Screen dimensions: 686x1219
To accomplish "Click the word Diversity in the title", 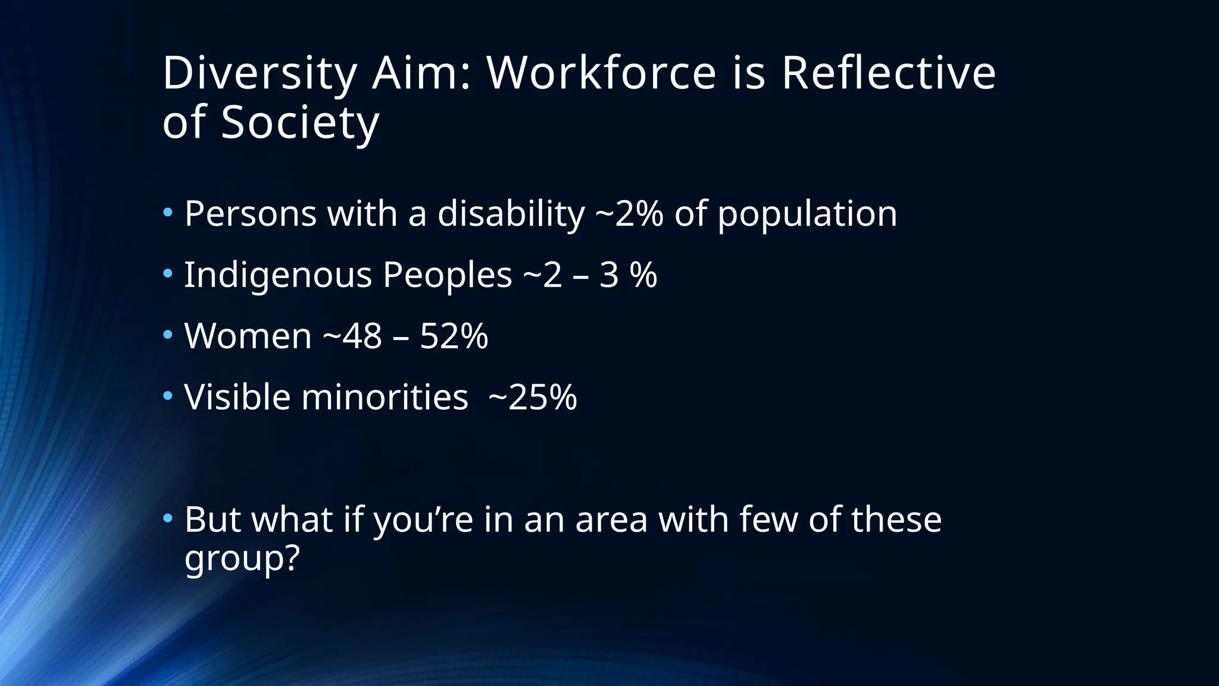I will [x=259, y=74].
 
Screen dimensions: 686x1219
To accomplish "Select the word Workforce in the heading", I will [x=601, y=74].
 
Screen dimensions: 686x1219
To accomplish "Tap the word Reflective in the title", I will [x=888, y=74].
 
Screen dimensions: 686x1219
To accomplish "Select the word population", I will [x=807, y=215].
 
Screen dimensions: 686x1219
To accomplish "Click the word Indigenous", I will [x=278, y=276].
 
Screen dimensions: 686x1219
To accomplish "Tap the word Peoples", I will [x=447, y=276].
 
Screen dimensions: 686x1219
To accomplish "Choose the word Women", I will [x=248, y=336].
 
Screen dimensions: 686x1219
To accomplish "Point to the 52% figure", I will [x=454, y=336].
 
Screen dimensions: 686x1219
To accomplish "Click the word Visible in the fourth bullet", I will [x=237, y=397].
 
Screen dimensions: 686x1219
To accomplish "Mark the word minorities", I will [x=385, y=397].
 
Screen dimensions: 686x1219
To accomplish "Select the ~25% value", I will [x=532, y=397].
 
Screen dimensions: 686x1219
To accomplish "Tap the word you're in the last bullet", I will [x=423, y=520].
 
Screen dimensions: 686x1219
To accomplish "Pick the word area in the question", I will [x=611, y=520].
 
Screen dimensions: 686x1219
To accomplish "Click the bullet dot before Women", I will [x=168, y=335].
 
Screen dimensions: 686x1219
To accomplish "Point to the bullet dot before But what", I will [x=168, y=518].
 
